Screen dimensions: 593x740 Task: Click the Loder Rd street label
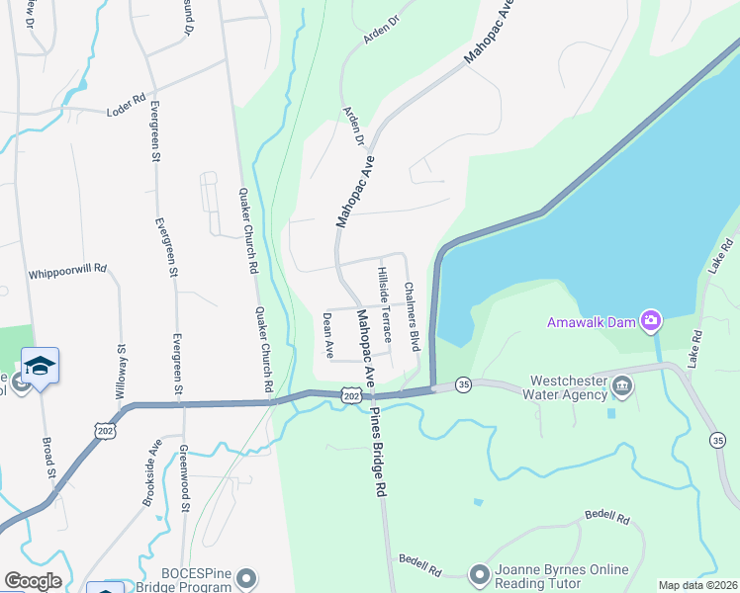(x=126, y=106)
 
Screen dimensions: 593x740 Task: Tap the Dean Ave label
(x=327, y=335)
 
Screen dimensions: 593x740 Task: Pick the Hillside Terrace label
(x=385, y=303)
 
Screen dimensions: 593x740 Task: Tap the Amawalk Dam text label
(x=592, y=321)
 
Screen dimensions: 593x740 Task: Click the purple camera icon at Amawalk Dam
(x=651, y=320)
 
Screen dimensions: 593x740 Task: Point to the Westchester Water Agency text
(x=568, y=387)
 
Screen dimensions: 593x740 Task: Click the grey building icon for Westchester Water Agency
(x=621, y=386)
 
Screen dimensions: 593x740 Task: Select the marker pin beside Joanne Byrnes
(x=480, y=574)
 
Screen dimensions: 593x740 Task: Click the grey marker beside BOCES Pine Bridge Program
(x=246, y=577)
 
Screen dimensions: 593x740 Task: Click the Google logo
(x=33, y=581)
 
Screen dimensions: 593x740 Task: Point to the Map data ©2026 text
(x=698, y=585)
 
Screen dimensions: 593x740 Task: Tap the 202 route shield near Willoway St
(x=105, y=429)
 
